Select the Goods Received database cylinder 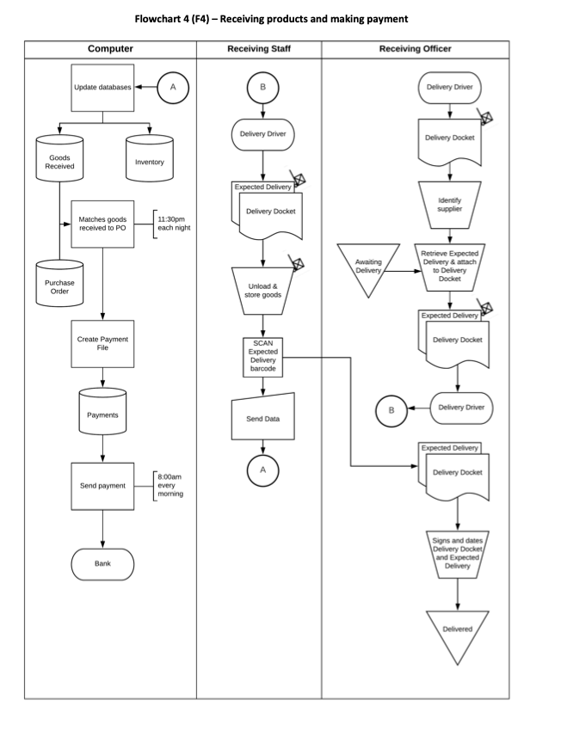point(59,163)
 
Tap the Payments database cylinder point(102,415)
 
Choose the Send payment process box point(102,485)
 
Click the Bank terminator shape point(102,563)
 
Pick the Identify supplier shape point(449,205)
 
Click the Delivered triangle point(457,632)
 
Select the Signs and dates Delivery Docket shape point(457,554)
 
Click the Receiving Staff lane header point(259,49)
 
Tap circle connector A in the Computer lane point(175,87)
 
